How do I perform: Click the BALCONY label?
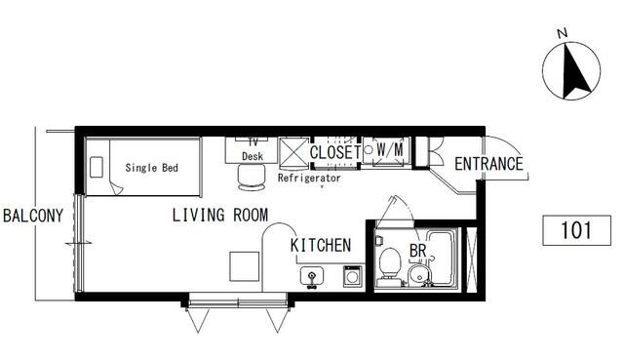coord(33,216)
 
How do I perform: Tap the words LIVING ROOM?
coord(220,215)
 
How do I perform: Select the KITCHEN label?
coord(321,245)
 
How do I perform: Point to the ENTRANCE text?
coord(488,164)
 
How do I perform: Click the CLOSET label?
coord(335,152)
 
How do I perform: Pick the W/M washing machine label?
coord(390,150)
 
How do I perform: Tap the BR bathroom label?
coord(418,251)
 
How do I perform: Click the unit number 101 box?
coord(576,230)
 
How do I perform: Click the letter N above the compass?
coord(562,34)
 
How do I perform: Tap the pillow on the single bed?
coord(97,167)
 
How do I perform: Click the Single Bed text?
coord(152,168)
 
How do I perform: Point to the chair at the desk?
coord(252,178)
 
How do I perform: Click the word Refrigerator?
coord(309,178)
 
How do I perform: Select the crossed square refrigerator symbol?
coord(294,154)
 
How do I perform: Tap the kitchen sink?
coord(312,276)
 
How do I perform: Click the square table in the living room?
coord(245,266)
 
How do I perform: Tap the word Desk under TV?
coord(253,156)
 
